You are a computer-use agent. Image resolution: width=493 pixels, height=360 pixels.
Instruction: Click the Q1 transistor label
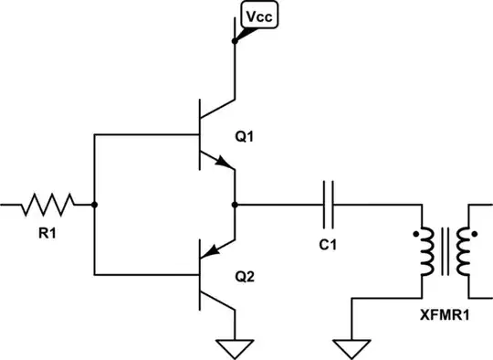pyautogui.click(x=245, y=138)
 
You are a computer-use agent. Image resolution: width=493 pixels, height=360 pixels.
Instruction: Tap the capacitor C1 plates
pyautogui.click(x=330, y=205)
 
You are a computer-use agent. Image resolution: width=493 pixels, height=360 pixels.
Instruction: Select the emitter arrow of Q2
pyautogui.click(x=213, y=249)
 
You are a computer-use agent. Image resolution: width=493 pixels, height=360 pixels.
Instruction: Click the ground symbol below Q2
pyautogui.click(x=236, y=347)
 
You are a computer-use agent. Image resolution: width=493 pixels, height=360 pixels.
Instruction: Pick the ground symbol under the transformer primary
pyautogui.click(x=351, y=348)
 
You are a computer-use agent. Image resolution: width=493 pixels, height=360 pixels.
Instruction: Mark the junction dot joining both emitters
pyautogui.click(x=236, y=205)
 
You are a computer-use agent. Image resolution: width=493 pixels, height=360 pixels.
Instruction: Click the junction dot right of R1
pyautogui.click(x=94, y=205)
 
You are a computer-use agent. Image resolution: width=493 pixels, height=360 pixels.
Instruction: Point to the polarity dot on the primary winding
pyautogui.click(x=416, y=236)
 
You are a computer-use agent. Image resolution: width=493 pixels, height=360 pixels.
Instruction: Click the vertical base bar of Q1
pyautogui.click(x=200, y=136)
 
